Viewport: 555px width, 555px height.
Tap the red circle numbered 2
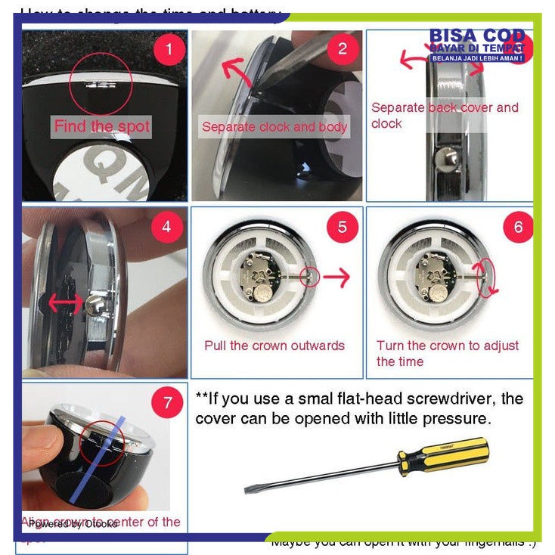343,49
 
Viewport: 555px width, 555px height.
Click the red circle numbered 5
343,227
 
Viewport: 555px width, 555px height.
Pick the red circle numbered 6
518,227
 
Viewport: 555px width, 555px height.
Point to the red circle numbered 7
167,402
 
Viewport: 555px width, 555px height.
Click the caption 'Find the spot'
102,126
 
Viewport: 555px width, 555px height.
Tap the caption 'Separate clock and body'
274,127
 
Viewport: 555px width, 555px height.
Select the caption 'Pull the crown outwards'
274,346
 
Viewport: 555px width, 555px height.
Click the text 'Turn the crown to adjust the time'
448,353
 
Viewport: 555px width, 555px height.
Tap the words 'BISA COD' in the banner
476,36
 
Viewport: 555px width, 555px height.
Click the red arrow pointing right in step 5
337,277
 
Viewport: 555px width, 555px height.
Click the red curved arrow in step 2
235,72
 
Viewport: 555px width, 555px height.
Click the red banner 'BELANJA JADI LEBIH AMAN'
476,58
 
